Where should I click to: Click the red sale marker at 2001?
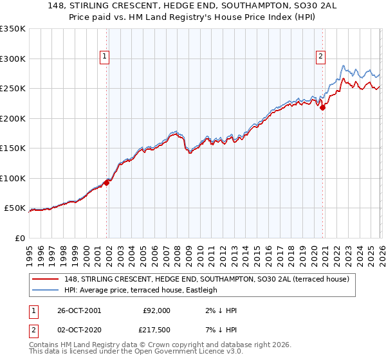click(107, 182)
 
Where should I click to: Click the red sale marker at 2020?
click(323, 107)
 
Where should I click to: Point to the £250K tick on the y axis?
click(13, 89)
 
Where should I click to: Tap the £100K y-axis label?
click(13, 178)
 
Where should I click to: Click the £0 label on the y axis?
click(19, 238)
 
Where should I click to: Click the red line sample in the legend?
click(46, 279)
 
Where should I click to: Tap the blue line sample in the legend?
click(46, 290)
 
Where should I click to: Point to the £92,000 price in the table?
click(157, 310)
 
